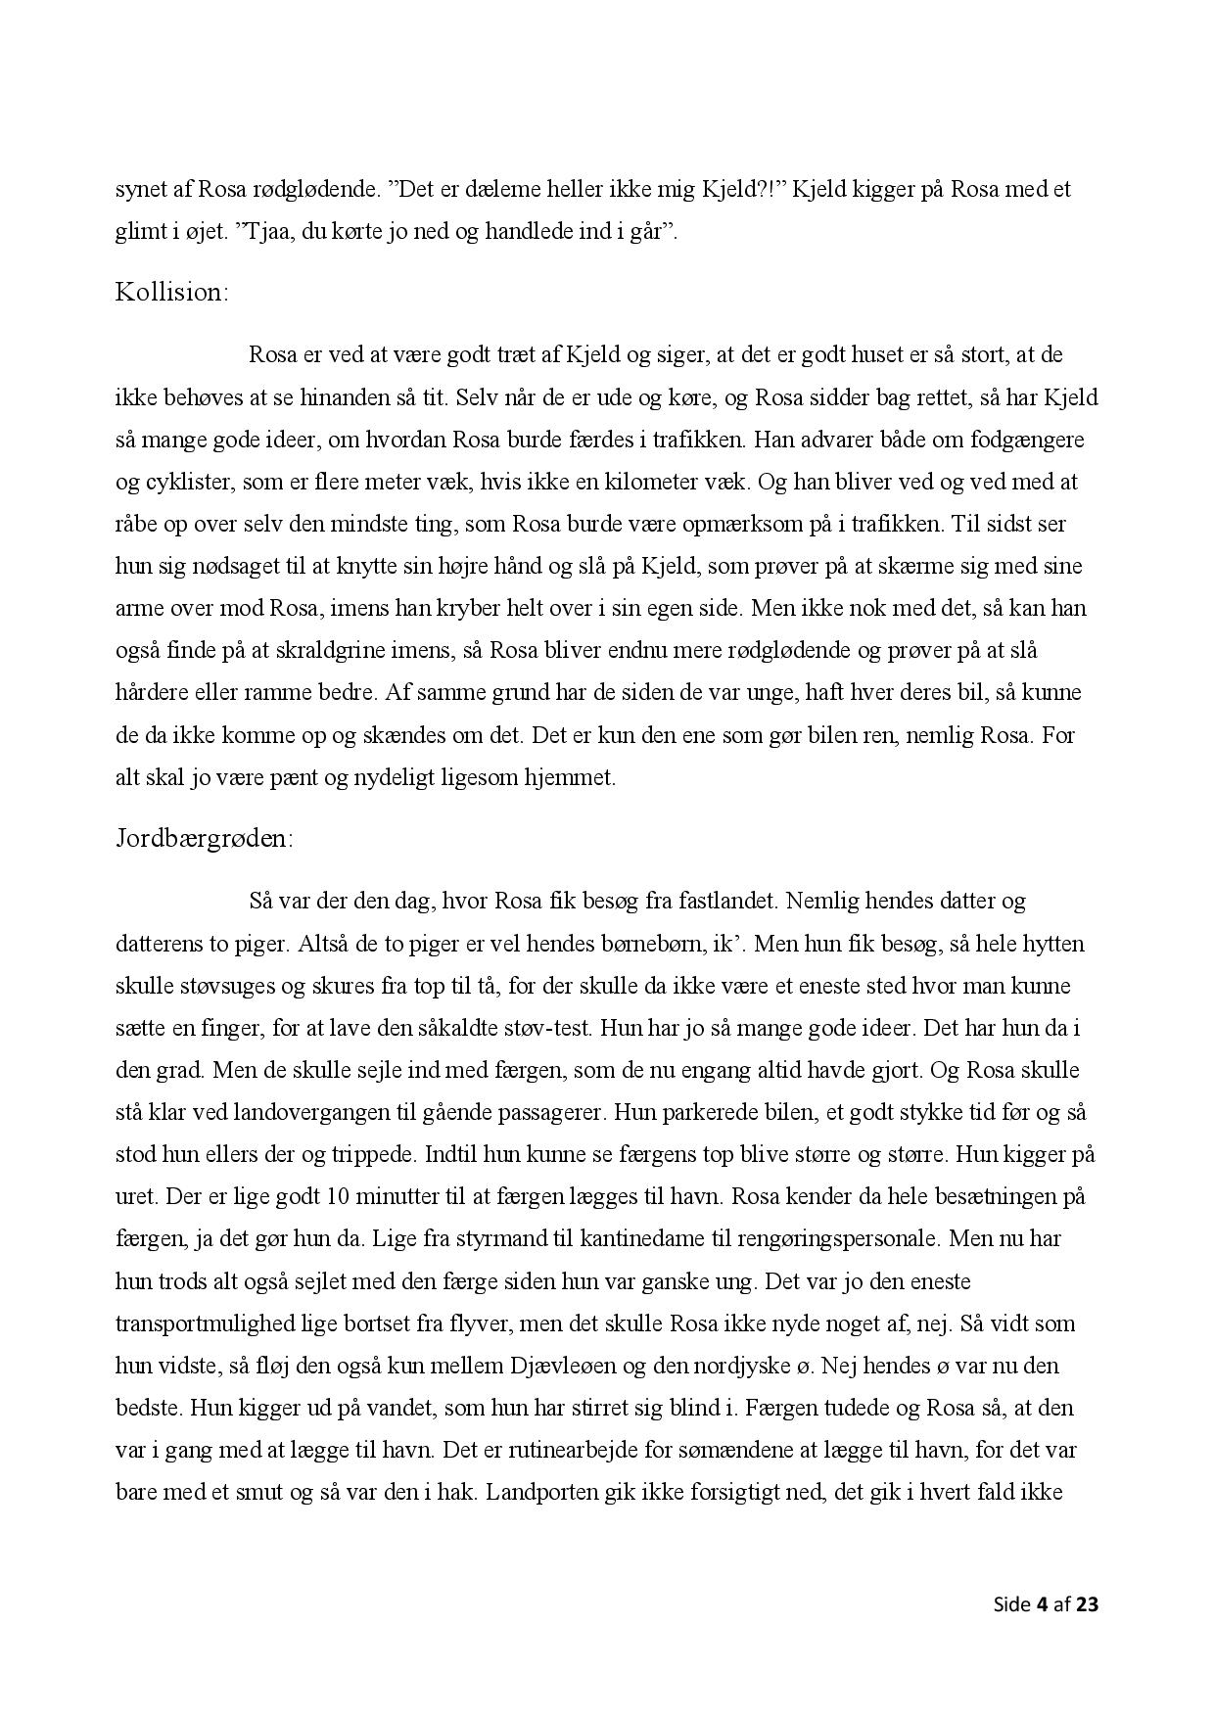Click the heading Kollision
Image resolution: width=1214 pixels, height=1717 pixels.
[x=171, y=292]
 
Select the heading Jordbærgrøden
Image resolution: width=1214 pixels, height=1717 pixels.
[x=204, y=839]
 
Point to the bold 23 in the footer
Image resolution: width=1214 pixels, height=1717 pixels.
[x=1088, y=1603]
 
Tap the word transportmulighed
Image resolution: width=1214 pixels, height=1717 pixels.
[x=204, y=1323]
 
